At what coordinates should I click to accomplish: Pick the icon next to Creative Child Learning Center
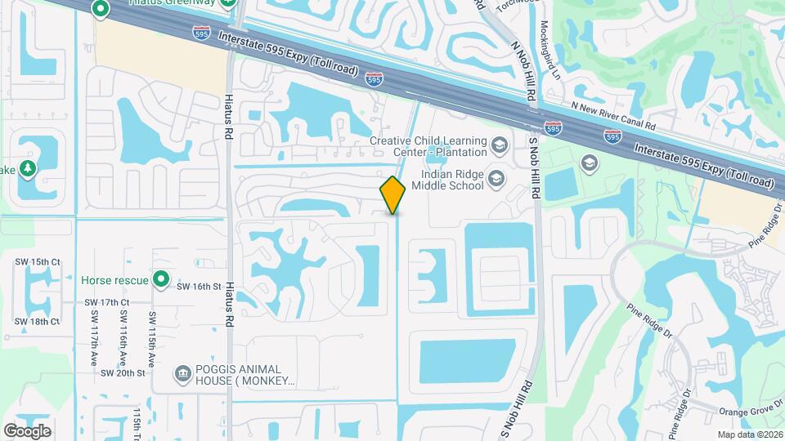(499, 146)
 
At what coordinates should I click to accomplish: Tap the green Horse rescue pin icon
(161, 280)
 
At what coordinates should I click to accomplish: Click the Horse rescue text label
(114, 280)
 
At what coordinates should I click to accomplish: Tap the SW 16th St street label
(200, 287)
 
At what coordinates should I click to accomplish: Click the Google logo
(27, 430)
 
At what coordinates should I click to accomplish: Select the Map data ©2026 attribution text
(749, 434)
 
